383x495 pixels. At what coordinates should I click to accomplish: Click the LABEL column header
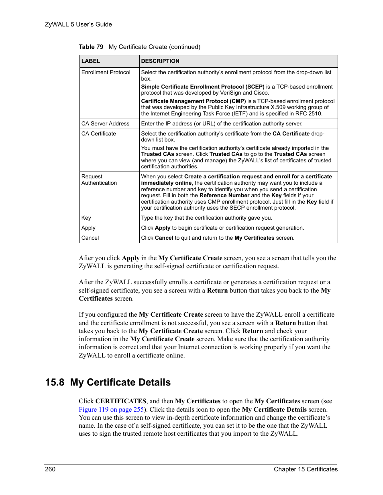click(91, 61)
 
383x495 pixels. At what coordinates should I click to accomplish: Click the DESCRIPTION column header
click(160, 61)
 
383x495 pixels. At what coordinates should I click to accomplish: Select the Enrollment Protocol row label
click(106, 72)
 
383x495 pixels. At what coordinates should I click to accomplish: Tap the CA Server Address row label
click(105, 123)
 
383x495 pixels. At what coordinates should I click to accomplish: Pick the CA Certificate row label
click(99, 133)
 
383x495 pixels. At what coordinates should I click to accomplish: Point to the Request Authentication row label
click(99, 180)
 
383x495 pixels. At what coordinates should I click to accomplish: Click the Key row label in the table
click(86, 218)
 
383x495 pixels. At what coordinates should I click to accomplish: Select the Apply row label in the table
click(88, 228)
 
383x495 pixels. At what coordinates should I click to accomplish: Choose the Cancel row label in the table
click(90, 238)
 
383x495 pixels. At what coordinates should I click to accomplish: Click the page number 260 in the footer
click(50, 469)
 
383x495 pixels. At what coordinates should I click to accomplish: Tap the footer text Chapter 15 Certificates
click(306, 469)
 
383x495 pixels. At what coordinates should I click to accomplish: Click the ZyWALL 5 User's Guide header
click(78, 24)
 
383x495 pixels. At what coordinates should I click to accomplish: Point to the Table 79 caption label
click(91, 47)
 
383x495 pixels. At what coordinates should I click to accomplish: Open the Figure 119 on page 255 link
click(111, 409)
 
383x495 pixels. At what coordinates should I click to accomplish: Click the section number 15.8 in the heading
click(55, 382)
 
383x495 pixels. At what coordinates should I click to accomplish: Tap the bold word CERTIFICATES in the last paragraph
click(121, 401)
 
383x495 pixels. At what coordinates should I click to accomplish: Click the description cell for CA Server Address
click(222, 123)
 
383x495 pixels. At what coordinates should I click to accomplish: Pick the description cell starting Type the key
click(206, 218)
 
